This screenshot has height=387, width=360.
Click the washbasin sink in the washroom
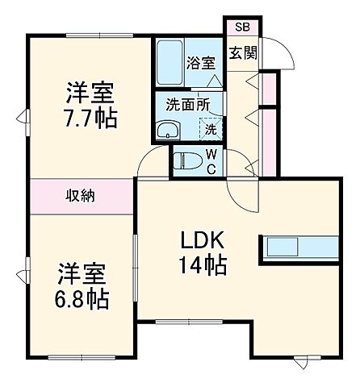click(170, 131)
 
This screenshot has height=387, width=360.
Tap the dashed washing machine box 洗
click(208, 128)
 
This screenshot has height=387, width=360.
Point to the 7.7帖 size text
click(91, 118)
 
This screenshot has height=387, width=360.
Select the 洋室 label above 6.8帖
click(81, 271)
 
